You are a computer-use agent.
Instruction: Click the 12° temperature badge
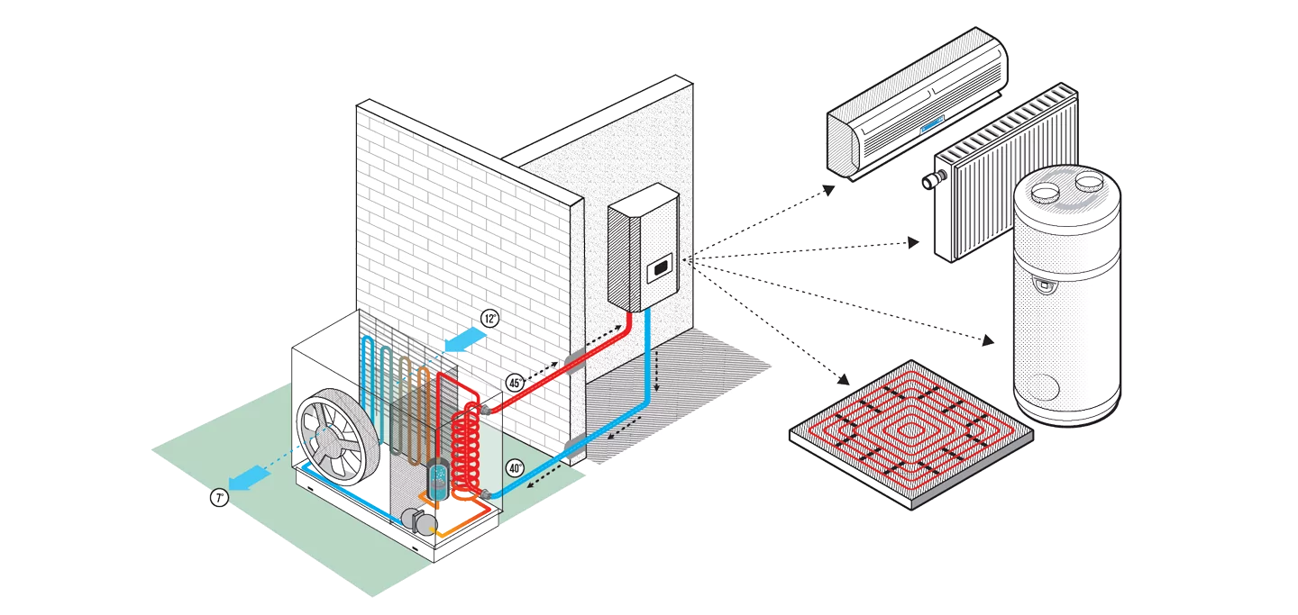pos(489,319)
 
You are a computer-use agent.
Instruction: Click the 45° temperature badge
pos(516,382)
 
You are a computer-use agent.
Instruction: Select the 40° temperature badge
pos(514,468)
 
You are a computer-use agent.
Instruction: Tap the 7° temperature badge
pos(219,498)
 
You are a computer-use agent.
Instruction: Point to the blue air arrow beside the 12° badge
pos(464,339)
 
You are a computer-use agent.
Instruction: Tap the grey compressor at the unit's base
pos(418,520)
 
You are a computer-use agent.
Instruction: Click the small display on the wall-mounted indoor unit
pos(661,266)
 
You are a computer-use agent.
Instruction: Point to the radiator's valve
pos(928,182)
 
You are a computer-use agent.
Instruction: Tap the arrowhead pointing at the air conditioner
pos(828,189)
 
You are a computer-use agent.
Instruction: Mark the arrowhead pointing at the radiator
pos(914,242)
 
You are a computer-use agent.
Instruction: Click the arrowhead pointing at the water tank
pos(989,339)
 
